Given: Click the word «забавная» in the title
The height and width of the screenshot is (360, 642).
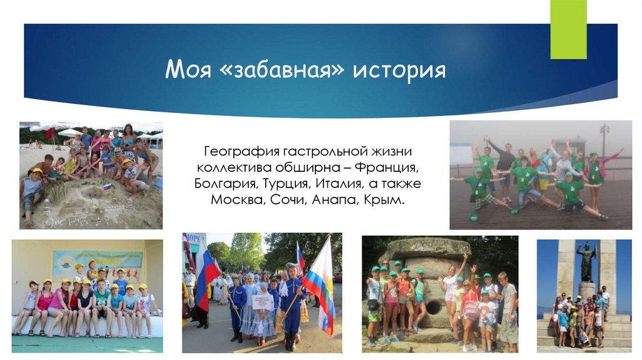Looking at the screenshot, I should point(282,70).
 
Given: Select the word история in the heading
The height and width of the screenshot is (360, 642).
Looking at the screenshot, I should point(399,70).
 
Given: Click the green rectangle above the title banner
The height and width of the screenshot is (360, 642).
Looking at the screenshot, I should point(568,29).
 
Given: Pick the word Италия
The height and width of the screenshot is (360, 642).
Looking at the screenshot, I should point(354,185).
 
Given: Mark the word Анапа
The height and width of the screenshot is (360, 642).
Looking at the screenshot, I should point(340,201).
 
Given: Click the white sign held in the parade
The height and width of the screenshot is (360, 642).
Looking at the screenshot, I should point(263,302).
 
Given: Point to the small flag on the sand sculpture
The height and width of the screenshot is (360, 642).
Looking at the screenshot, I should point(107,186).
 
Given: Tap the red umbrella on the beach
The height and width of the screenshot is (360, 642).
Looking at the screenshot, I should point(50,134).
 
